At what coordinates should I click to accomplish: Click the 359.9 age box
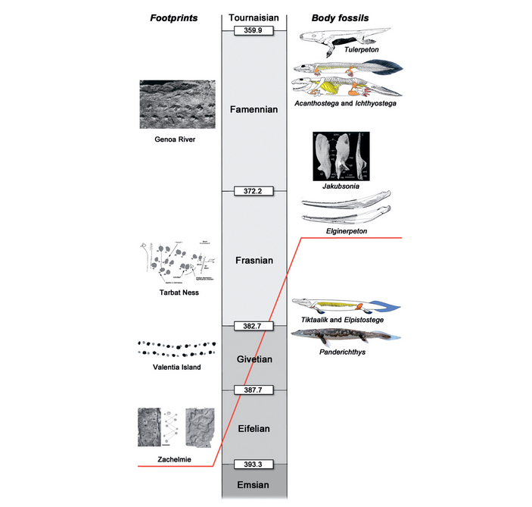coord(254,30)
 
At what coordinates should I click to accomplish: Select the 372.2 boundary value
coord(254,191)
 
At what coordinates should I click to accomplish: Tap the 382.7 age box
coord(254,326)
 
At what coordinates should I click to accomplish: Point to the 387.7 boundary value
coord(254,390)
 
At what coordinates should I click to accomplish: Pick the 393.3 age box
coord(254,464)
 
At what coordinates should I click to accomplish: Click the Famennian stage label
coord(254,110)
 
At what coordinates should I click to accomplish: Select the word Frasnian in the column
coord(254,260)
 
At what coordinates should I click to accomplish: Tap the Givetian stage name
coord(254,358)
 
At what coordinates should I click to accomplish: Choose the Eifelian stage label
coord(254,428)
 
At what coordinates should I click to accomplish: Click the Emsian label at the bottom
coord(254,484)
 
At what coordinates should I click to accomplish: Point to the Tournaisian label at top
coord(254,17)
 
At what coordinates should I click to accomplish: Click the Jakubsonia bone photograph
coord(344,157)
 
